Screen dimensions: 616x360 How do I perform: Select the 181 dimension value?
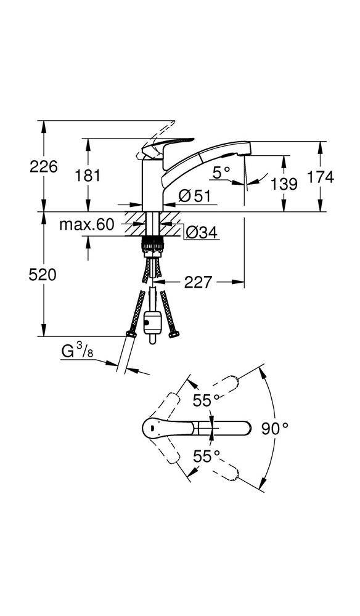pyautogui.click(x=88, y=176)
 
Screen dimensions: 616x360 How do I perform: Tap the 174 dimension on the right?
pyautogui.click(x=321, y=177)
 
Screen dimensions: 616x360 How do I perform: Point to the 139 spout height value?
pyautogui.click(x=283, y=183)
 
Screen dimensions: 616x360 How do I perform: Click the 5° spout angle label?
pyautogui.click(x=221, y=173)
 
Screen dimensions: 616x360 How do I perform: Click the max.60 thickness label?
pyautogui.click(x=87, y=225)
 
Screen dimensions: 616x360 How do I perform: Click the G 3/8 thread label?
pyautogui.click(x=78, y=352)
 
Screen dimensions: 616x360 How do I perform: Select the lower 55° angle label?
pyautogui.click(x=206, y=456)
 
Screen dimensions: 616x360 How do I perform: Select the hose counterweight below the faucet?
pyautogui.click(x=152, y=324)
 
